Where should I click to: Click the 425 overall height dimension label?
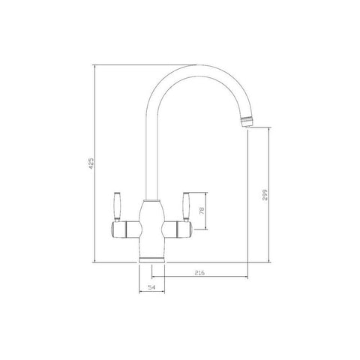pyautogui.click(x=91, y=163)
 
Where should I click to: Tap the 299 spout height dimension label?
pyautogui.click(x=265, y=195)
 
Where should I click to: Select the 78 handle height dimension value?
pyautogui.click(x=202, y=211)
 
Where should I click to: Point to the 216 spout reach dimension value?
pyautogui.click(x=199, y=273)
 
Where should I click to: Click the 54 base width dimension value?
pyautogui.click(x=151, y=287)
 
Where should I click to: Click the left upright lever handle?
pyautogui.click(x=117, y=207)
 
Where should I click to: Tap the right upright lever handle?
pyautogui.click(x=186, y=207)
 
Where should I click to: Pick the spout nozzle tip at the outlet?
pyautogui.click(x=247, y=121)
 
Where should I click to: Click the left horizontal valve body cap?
pyautogui.click(x=118, y=229)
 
